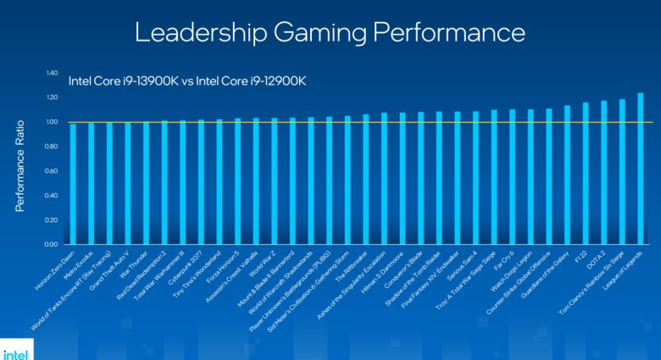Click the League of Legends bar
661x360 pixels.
click(640, 169)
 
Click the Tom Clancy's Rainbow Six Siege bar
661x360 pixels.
click(621, 173)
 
